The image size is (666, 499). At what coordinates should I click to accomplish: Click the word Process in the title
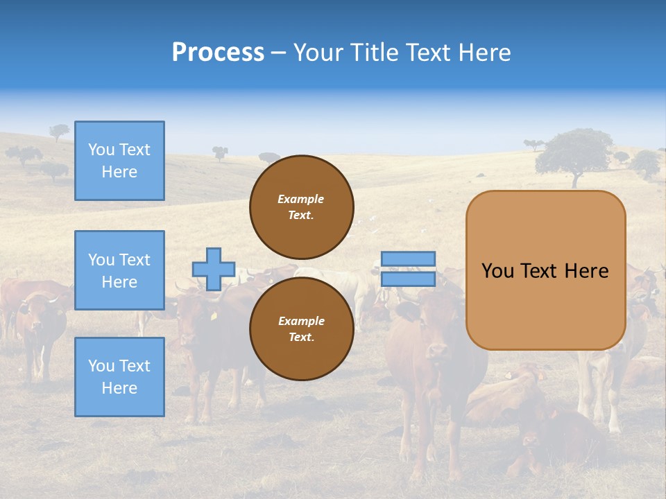coord(218,53)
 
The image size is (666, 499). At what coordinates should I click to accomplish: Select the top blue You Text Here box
coord(119,161)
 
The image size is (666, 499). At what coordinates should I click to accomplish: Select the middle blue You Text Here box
coord(119,270)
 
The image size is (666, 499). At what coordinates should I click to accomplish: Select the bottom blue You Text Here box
coord(119,376)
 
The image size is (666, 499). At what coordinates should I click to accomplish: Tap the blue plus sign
coord(214,269)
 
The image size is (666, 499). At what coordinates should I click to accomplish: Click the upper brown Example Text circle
coord(301,207)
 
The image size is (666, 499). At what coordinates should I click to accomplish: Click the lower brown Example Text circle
coord(301,329)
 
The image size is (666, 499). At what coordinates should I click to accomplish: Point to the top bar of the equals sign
coord(408,259)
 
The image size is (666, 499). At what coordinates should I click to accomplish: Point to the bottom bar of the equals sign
coord(408,279)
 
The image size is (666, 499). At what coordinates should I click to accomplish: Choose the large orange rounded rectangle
coord(545,270)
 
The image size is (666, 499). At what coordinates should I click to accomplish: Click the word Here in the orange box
coord(586,271)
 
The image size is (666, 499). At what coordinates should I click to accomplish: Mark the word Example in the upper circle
coord(301,199)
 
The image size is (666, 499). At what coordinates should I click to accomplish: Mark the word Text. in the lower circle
coord(301,338)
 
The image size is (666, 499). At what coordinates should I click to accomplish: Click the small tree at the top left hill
coord(60,130)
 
